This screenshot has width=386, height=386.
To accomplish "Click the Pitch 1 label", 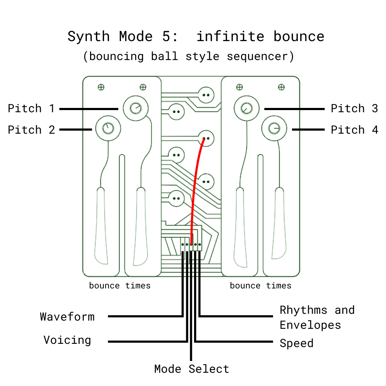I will click(31, 108).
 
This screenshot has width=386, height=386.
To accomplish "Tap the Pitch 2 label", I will click(31, 130).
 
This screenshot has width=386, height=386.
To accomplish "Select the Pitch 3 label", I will click(354, 108).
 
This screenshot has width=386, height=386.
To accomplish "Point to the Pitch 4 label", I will click(354, 130).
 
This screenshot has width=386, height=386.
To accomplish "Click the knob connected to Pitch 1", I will click(135, 108).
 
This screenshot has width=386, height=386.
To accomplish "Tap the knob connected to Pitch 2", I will click(108, 128).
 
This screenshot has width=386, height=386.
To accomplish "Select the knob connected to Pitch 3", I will click(246, 108).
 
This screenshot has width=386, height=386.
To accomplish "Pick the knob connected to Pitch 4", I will click(274, 128).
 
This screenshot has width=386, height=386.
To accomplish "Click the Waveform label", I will click(67, 317).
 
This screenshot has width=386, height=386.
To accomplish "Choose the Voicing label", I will click(67, 340).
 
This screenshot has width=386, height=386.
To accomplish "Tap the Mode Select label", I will click(192, 369).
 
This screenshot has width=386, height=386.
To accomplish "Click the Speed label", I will click(296, 343).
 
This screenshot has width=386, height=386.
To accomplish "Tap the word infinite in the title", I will click(230, 36).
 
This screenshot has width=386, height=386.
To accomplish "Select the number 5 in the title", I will click(157, 36).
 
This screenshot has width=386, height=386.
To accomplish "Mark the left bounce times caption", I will click(120, 286).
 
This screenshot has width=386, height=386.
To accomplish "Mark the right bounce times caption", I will click(261, 286).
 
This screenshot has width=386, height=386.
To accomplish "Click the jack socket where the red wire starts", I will click(206, 138).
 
